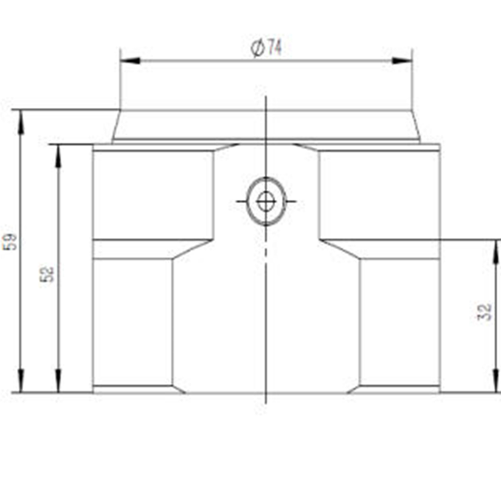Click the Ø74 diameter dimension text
[x=266, y=48]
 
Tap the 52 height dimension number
[x=47, y=274]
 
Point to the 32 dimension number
[x=484, y=313]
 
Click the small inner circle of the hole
[x=266, y=201]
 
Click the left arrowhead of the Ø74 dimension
[x=130, y=61]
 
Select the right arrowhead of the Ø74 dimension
[x=402, y=61]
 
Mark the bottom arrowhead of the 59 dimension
[x=21, y=381]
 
